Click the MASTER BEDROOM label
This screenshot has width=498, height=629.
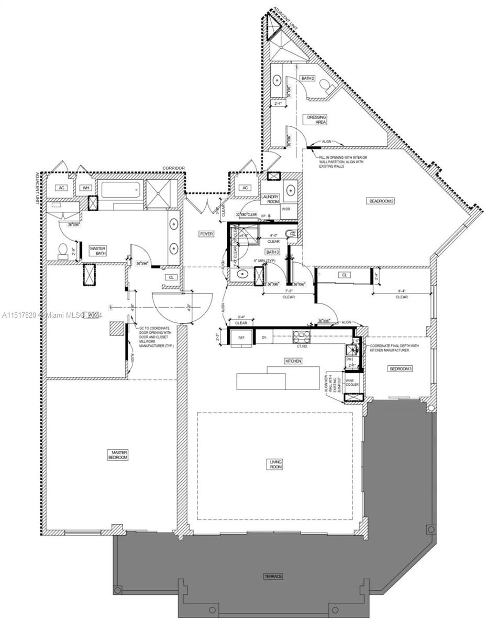[x=118, y=454]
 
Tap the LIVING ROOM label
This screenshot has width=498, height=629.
[x=276, y=464]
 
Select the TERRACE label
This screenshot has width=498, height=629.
[x=273, y=577]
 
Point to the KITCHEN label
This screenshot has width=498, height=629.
[x=292, y=362]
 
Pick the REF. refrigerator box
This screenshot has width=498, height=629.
[x=242, y=338]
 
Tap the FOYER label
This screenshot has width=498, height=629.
[x=206, y=234]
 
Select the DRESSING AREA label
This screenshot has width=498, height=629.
[x=317, y=120]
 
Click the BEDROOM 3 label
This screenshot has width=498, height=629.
[x=400, y=369]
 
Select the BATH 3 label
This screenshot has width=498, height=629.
[x=273, y=252]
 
